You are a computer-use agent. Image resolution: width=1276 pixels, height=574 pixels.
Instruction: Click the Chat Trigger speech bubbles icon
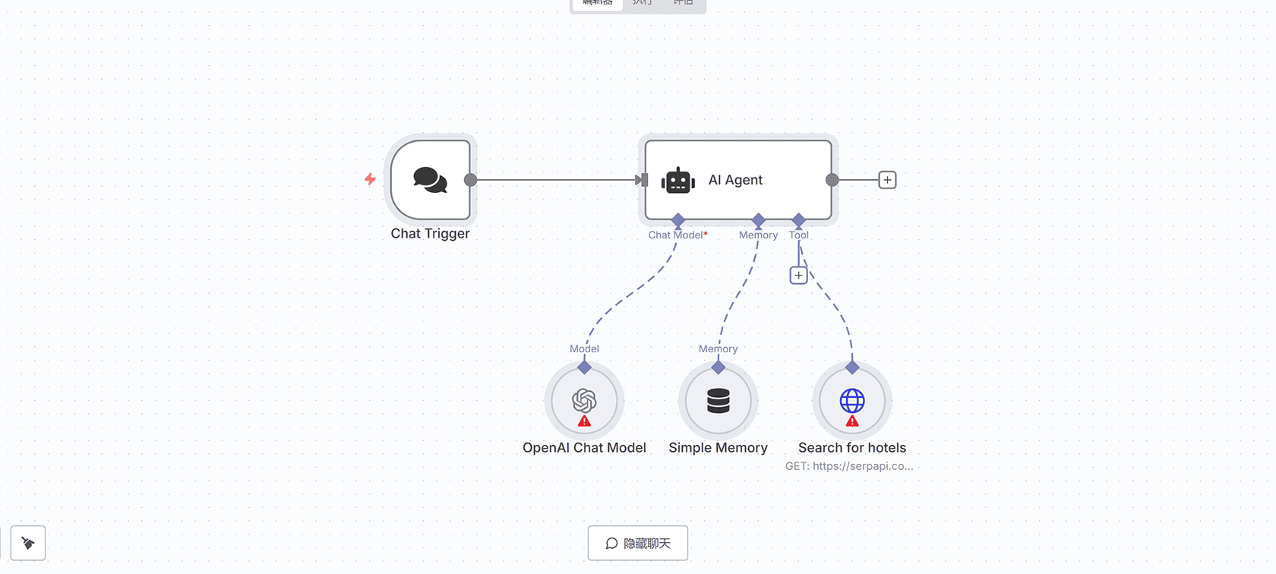430,180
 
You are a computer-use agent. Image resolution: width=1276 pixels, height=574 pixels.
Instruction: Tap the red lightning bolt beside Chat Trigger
370,179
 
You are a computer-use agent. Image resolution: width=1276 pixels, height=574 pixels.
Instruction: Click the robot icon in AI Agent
677,181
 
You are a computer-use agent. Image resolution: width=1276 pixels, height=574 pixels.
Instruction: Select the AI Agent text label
735,180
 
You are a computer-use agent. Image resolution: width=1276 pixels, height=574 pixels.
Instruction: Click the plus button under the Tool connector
798,275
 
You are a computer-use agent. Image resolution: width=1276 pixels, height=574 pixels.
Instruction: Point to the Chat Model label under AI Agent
675,235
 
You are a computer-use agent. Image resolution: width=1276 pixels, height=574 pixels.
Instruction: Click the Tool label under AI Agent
799,235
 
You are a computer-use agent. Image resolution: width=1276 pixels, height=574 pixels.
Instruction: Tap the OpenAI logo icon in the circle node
584,399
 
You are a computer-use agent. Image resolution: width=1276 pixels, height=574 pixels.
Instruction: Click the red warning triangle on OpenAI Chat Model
584,421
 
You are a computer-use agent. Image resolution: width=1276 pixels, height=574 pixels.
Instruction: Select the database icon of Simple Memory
718,401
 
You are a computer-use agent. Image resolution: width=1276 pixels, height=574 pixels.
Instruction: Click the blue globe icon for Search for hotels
852,399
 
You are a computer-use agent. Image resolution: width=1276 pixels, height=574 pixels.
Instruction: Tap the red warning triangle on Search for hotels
852,421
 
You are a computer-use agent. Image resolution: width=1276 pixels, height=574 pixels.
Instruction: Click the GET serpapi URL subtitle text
849,466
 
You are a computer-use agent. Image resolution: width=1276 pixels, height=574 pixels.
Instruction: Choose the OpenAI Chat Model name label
584,448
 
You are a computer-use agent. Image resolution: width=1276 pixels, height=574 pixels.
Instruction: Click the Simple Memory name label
718,448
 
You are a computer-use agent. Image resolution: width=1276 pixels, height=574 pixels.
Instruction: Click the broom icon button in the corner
28,543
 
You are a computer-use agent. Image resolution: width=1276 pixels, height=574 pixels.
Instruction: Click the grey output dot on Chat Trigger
470,180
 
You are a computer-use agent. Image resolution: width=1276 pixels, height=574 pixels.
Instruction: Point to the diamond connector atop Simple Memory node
718,367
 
